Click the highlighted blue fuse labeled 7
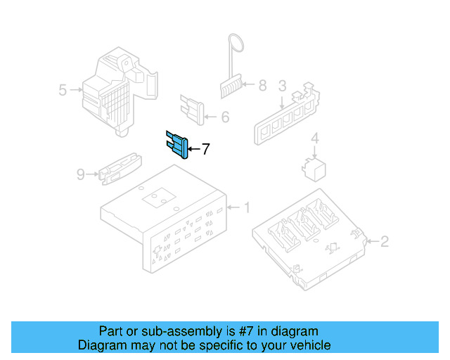pos(177,145)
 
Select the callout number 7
pos(205,149)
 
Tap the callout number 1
pos(247,207)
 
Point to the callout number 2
pos(385,243)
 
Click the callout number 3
pos(282,86)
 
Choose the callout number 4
pos(315,138)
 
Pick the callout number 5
pos(63,90)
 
